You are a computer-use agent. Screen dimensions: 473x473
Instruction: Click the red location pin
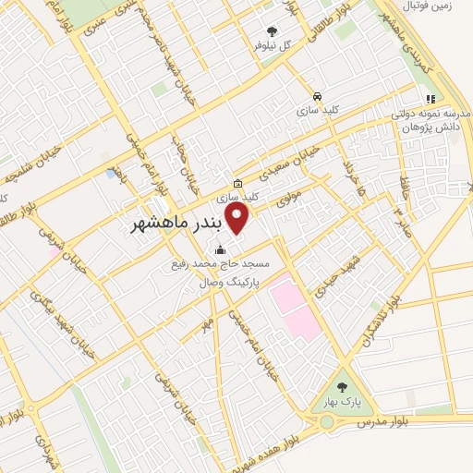point(237,219)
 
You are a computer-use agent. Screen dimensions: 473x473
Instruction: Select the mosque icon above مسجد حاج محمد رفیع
point(221,250)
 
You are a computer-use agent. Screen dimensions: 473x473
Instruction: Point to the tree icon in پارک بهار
point(345,387)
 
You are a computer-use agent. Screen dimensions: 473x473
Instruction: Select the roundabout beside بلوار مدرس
point(327,424)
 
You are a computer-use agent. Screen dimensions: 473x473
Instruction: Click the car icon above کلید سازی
point(317,96)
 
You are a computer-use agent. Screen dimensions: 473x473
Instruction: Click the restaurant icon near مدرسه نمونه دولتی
point(430,99)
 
